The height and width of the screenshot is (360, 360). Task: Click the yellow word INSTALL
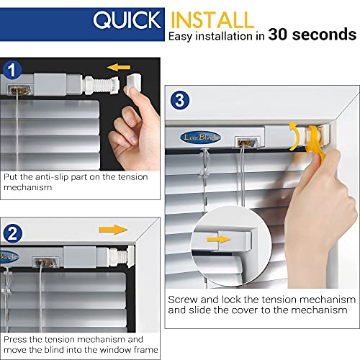(212, 19)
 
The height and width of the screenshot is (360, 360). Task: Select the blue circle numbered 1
(14, 71)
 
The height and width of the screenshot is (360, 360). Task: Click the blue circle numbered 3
(180, 99)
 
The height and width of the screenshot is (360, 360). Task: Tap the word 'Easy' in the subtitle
(183, 35)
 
